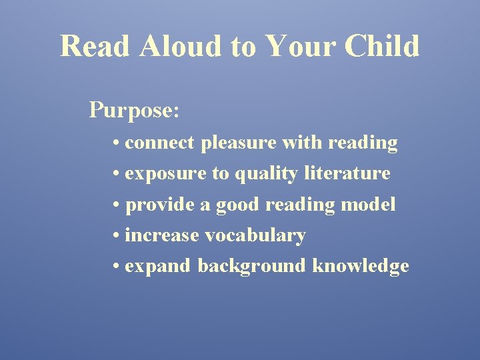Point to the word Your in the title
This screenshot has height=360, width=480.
[x=299, y=47]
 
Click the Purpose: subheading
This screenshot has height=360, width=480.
[x=134, y=110]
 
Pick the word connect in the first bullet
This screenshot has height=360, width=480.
[x=159, y=143]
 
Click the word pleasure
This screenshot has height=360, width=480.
[x=239, y=143]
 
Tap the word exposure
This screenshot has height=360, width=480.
[x=166, y=174]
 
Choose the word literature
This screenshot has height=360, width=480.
[x=347, y=174]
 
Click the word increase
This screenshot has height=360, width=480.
[x=162, y=235]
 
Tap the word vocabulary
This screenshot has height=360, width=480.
[x=255, y=236]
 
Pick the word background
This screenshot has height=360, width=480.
[x=253, y=267]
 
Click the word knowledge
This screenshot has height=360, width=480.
[x=361, y=267]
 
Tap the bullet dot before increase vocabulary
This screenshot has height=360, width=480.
[x=117, y=236]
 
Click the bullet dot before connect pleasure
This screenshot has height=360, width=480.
[x=117, y=143]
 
